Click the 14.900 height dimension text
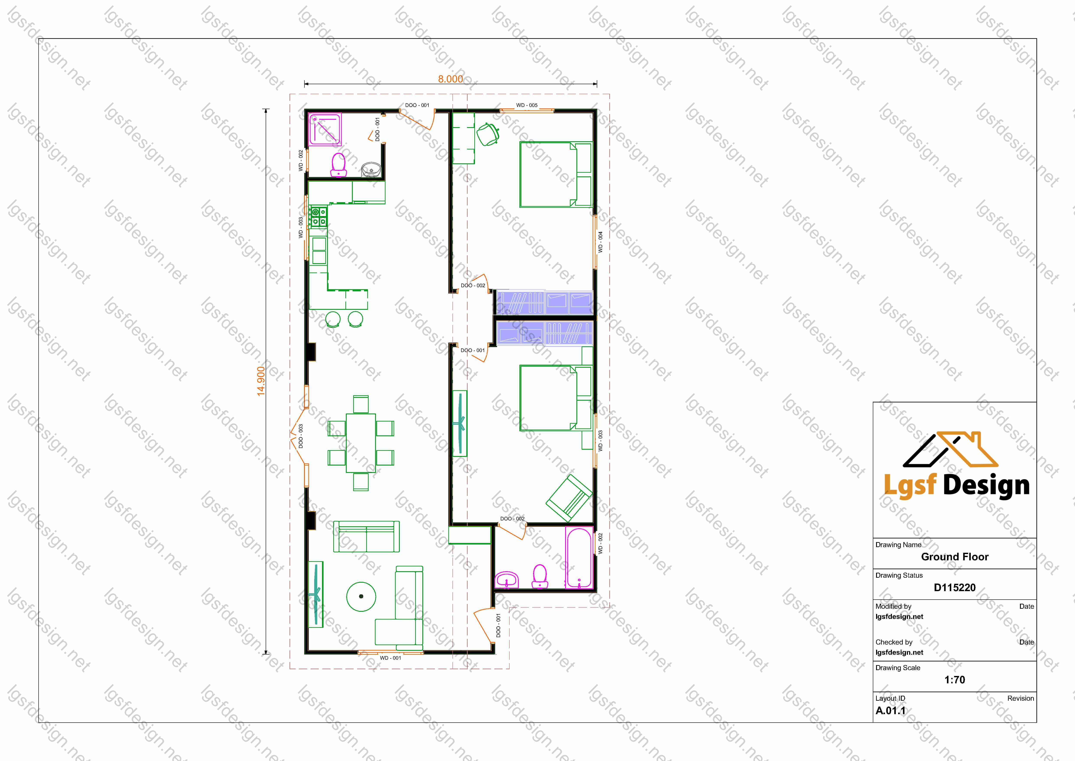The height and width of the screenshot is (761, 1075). (x=261, y=381)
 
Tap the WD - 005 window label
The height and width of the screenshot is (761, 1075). (x=527, y=105)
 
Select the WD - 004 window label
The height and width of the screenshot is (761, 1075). (x=600, y=242)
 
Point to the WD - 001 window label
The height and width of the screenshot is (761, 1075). (x=390, y=658)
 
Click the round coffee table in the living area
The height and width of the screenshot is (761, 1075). (x=361, y=597)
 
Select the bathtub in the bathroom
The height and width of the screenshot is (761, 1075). (x=579, y=558)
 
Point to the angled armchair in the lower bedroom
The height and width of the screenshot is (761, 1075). (x=569, y=498)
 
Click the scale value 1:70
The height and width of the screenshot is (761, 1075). (x=954, y=679)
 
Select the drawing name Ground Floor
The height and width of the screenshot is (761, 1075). (x=955, y=557)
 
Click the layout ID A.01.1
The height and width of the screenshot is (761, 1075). (x=891, y=710)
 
